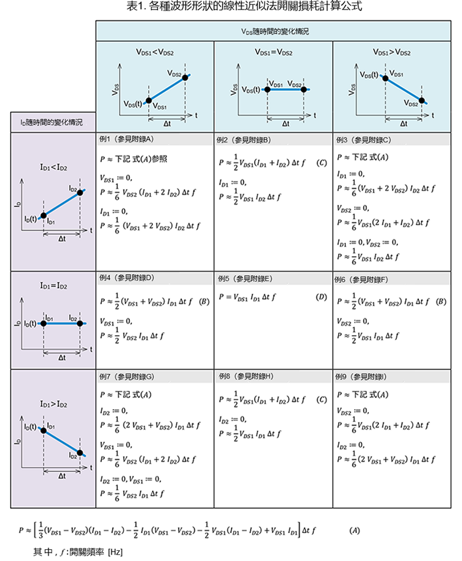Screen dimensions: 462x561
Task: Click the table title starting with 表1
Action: point(244,6)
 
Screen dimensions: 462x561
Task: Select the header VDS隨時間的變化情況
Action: point(275,31)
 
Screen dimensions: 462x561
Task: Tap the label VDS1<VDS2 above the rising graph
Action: point(155,52)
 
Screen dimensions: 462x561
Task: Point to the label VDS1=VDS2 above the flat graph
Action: point(273,52)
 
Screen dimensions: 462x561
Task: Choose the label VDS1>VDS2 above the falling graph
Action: point(392,52)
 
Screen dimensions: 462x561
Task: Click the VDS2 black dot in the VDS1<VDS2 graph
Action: point(185,77)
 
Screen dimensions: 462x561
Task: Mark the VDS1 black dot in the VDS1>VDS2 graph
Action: point(385,78)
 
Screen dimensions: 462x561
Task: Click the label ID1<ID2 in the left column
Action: point(53,167)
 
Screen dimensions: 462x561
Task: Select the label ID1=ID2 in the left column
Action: point(53,285)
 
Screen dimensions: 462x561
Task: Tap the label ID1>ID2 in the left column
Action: point(53,404)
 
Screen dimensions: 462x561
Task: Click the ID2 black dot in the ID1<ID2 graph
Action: point(80,193)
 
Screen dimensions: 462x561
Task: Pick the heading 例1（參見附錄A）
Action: point(126,139)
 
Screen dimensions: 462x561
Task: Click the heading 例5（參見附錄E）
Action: point(245,278)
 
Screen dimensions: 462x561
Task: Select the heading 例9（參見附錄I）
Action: point(361,377)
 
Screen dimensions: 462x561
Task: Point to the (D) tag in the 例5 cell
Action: point(321,297)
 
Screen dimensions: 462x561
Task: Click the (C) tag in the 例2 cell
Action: point(321,163)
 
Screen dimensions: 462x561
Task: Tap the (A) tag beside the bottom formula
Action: point(354,530)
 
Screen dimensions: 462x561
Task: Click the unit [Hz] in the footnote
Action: point(115,552)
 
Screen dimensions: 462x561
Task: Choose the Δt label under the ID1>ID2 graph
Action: point(62,476)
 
